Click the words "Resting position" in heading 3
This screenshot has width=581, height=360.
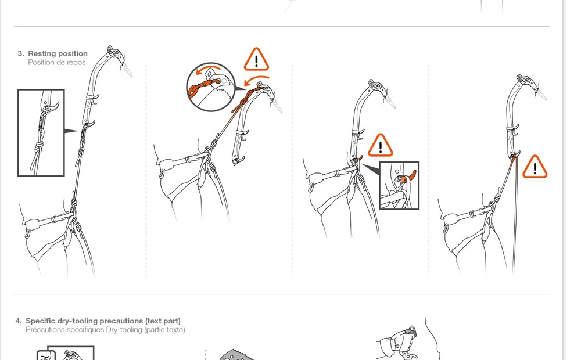(58, 53)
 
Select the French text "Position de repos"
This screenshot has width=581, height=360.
(57, 62)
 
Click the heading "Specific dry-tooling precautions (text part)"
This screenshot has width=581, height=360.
(103, 321)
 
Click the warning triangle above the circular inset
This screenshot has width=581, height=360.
(256, 60)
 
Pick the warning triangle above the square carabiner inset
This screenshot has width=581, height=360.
(380, 146)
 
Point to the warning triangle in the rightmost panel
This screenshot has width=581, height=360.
(535, 167)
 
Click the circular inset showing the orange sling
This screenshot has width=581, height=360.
(210, 87)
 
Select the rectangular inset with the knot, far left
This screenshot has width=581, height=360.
(41, 132)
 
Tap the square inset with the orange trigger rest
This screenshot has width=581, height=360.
(400, 186)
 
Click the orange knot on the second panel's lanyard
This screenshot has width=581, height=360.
(245, 100)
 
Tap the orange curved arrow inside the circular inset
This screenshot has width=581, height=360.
(208, 69)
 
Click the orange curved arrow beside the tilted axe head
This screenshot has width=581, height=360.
(256, 80)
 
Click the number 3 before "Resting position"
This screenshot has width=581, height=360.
(20, 53)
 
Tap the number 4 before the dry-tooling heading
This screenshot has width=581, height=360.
(19, 321)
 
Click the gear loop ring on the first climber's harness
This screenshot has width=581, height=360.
(28, 233)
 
